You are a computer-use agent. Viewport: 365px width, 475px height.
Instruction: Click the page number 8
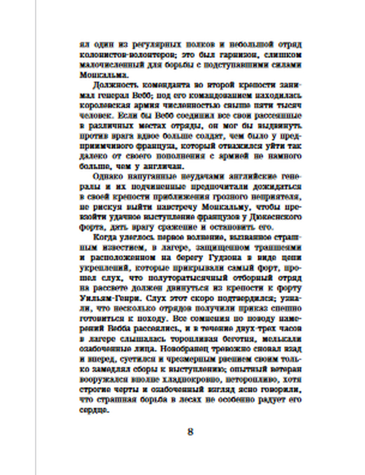[x=190, y=432]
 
